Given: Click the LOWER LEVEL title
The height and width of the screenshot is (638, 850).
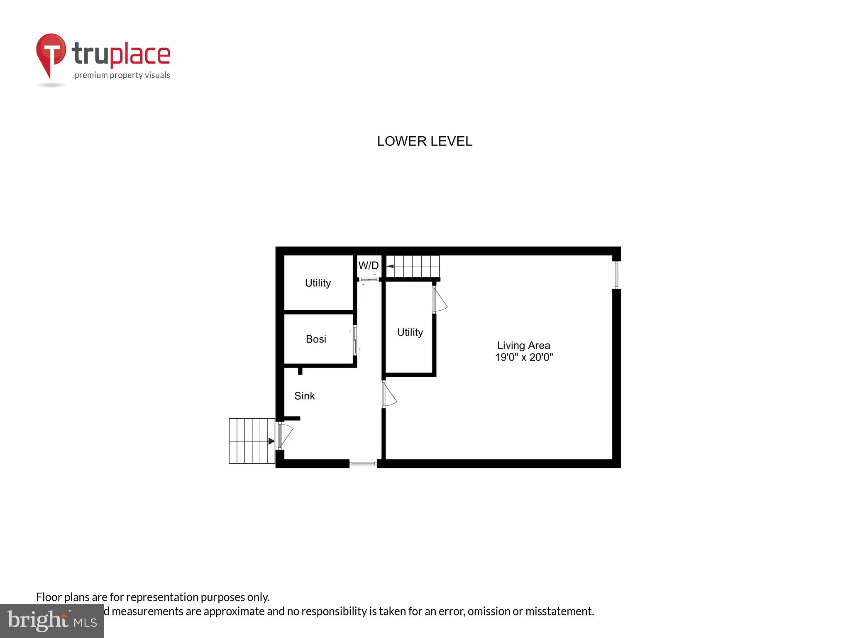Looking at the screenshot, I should click(424, 141).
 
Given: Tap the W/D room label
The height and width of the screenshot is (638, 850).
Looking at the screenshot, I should click(368, 265).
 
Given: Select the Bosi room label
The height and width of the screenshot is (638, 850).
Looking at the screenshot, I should click(316, 339).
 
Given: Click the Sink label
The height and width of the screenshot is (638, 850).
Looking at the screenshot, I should click(304, 396).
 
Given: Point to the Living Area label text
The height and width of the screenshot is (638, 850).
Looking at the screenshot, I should click(523, 345).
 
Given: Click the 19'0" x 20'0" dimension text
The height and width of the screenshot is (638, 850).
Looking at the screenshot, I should click(524, 357).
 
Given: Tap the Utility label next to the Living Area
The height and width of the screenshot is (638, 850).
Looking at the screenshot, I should click(410, 332).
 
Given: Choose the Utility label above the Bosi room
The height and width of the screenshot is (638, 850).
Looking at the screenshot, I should click(318, 283).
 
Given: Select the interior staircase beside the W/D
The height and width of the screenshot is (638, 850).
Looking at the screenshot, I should click(413, 266).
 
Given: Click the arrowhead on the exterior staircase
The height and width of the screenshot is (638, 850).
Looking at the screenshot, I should click(271, 441).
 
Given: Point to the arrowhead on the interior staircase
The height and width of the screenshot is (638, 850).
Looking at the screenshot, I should click(390, 266).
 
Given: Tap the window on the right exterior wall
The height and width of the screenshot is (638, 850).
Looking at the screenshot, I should click(616, 275).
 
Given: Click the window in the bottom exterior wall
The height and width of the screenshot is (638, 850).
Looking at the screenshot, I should click(363, 463).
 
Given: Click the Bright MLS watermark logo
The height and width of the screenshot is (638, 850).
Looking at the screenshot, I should click(51, 621).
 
